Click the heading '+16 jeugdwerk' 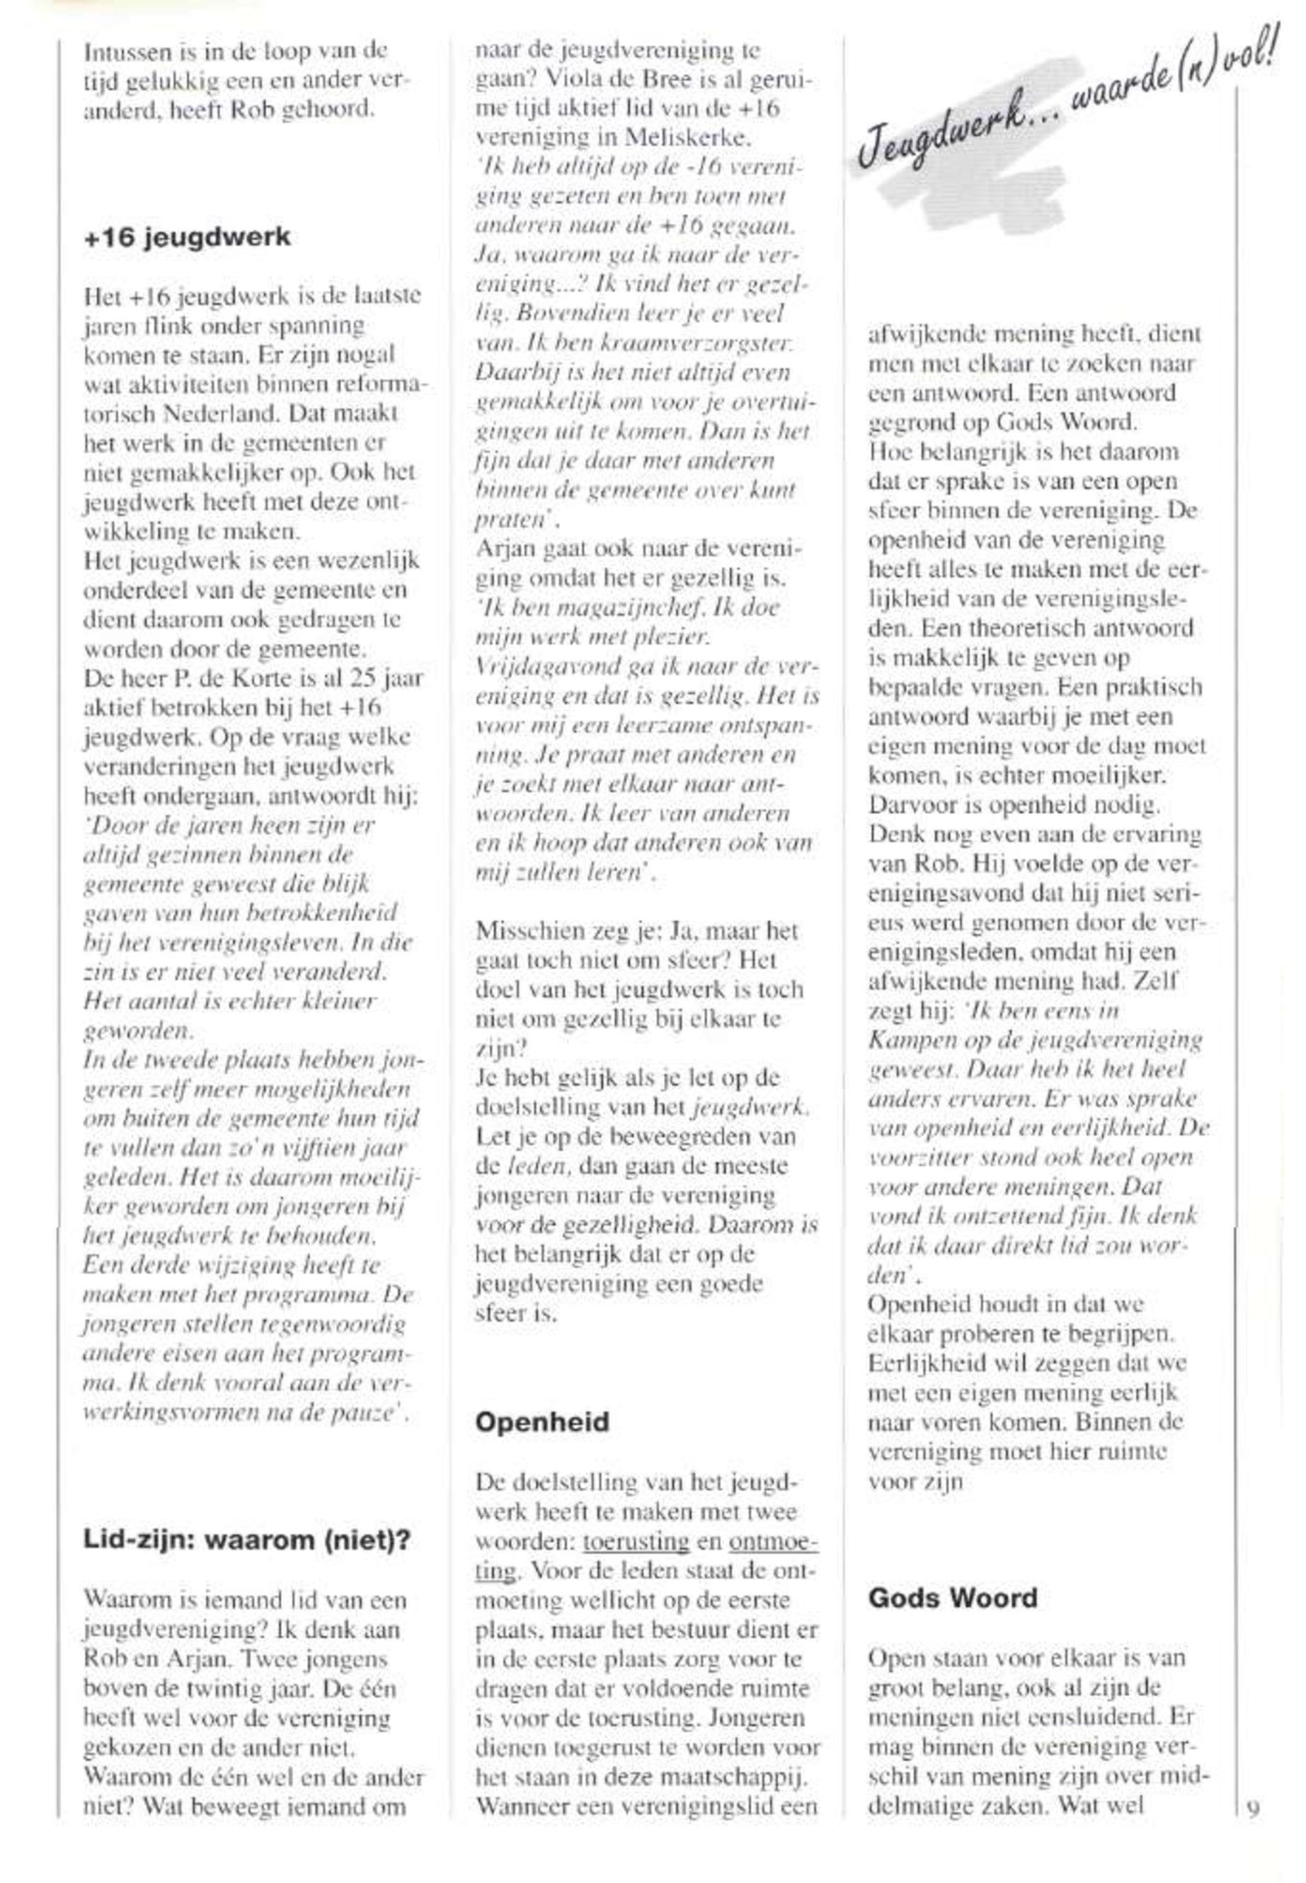click(x=188, y=237)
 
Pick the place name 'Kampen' click(x=908, y=1041)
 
